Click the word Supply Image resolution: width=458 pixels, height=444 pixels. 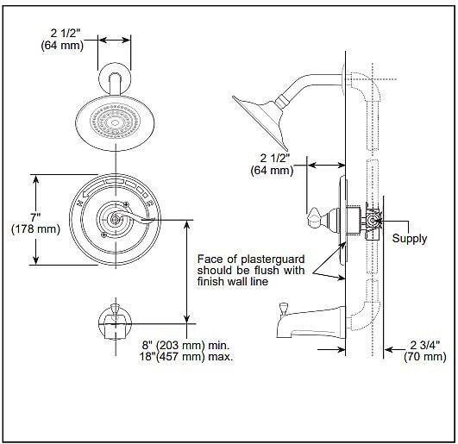pos(409,239)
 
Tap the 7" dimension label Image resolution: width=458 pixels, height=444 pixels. pos(35,217)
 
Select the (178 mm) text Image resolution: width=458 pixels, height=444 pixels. pos(35,228)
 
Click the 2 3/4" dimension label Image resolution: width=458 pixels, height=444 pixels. pos(425,345)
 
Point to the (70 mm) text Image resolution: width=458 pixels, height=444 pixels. pos(425,357)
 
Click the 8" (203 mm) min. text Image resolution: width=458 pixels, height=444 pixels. pos(185,346)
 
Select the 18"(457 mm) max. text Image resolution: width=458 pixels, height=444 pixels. pos(186,357)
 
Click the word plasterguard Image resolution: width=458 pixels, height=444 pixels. pos(273,260)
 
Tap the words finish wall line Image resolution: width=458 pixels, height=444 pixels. pos(233,281)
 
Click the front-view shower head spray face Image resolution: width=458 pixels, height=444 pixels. pos(115,122)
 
